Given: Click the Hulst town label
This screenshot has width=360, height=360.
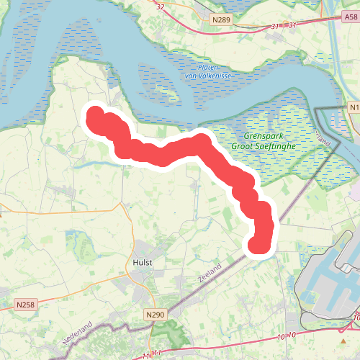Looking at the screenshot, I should point(142,264).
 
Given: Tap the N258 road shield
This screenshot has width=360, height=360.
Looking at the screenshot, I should point(26,305).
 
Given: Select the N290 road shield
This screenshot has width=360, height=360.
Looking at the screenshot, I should point(155,315).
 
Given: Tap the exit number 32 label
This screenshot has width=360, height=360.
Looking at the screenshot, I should point(160,7).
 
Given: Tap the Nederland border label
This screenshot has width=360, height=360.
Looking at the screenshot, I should point(80,336).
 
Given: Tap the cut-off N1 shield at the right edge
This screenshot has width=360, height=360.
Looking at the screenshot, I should point(353,107).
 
